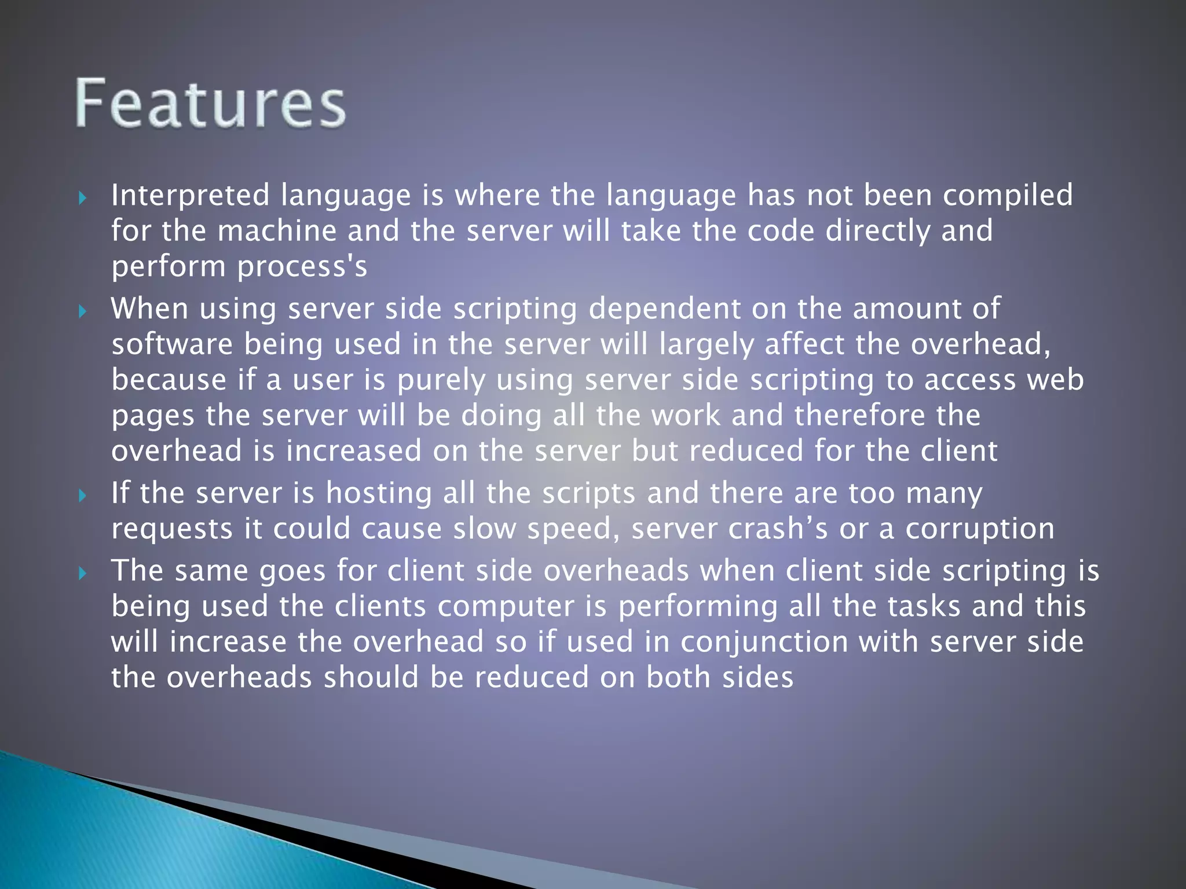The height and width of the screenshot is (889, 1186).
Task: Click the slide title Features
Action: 211,104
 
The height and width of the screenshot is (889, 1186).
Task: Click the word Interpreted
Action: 191,195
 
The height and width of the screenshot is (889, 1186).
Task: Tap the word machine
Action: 277,231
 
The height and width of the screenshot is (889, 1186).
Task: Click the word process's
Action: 302,267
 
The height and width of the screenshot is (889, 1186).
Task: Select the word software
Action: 172,344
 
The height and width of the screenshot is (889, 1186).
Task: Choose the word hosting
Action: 379,493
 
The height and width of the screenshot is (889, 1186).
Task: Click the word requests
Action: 172,529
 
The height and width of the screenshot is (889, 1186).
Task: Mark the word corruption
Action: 980,529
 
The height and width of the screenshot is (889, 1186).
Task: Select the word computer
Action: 522,607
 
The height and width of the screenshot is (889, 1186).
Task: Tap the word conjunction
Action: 764,642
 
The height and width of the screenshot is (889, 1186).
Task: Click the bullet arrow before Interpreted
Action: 83,199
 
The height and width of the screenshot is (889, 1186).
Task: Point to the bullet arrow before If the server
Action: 83,496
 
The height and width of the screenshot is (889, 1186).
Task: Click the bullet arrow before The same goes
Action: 83,574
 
